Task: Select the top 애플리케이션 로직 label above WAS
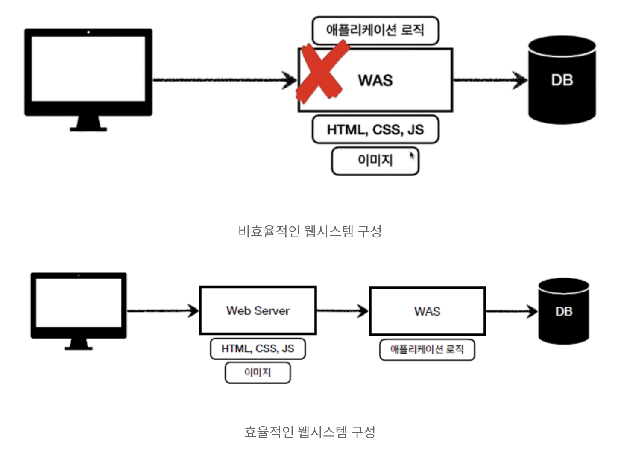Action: tap(375, 30)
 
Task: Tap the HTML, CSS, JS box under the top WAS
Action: tap(375, 129)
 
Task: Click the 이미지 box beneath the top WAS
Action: tap(375, 161)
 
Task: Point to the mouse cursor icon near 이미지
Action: tap(412, 155)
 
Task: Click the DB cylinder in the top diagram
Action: tap(562, 80)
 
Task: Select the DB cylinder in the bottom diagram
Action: tap(563, 311)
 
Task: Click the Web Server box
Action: tap(258, 310)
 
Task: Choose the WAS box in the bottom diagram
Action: tap(427, 311)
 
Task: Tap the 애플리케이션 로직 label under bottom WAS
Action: tap(427, 350)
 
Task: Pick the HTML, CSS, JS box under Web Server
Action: tap(258, 349)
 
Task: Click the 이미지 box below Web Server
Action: tap(258, 372)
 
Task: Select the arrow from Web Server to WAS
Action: tap(342, 311)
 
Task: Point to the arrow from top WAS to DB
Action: tap(489, 80)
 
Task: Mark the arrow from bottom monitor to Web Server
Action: tap(163, 310)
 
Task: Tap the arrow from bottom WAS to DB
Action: tap(511, 311)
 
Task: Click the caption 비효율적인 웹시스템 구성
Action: tap(310, 231)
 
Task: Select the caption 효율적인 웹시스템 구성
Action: tap(310, 432)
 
